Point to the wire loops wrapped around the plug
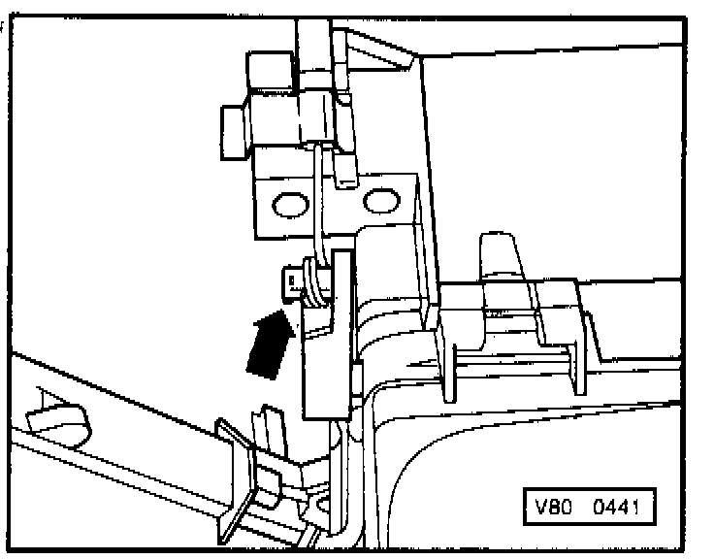[x=313, y=277]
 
